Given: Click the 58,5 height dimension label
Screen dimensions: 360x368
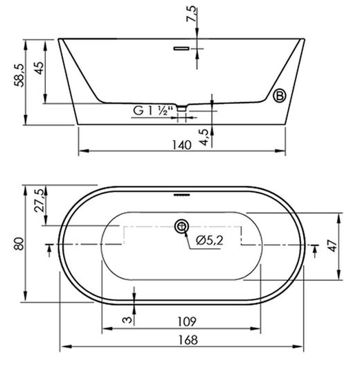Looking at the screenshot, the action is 19,76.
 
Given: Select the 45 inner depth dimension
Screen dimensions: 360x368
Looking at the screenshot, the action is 39,68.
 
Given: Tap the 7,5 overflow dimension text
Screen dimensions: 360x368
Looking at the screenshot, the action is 191,14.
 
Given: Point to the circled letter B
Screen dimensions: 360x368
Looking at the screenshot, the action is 280,96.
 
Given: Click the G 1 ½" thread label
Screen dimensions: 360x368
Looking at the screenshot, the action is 153,111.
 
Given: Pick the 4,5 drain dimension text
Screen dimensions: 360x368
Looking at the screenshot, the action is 204,137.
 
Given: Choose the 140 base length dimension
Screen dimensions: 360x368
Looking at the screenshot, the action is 182,145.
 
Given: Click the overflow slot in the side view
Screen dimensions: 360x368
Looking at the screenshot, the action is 181,49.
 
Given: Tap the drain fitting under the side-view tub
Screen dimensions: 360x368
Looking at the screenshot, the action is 181,108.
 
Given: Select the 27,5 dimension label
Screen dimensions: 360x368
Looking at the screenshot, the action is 39,200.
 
